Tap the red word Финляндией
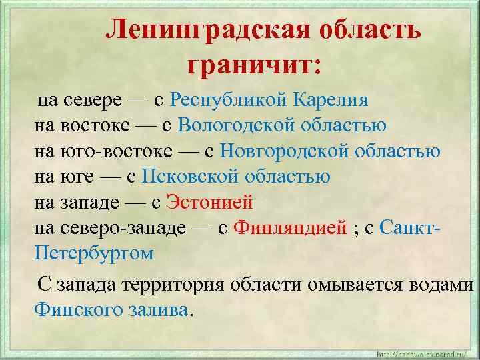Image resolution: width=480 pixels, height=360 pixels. pos(291,227)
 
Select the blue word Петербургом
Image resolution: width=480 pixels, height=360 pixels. pos(94,253)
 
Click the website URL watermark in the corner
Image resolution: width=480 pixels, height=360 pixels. pos(424,353)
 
